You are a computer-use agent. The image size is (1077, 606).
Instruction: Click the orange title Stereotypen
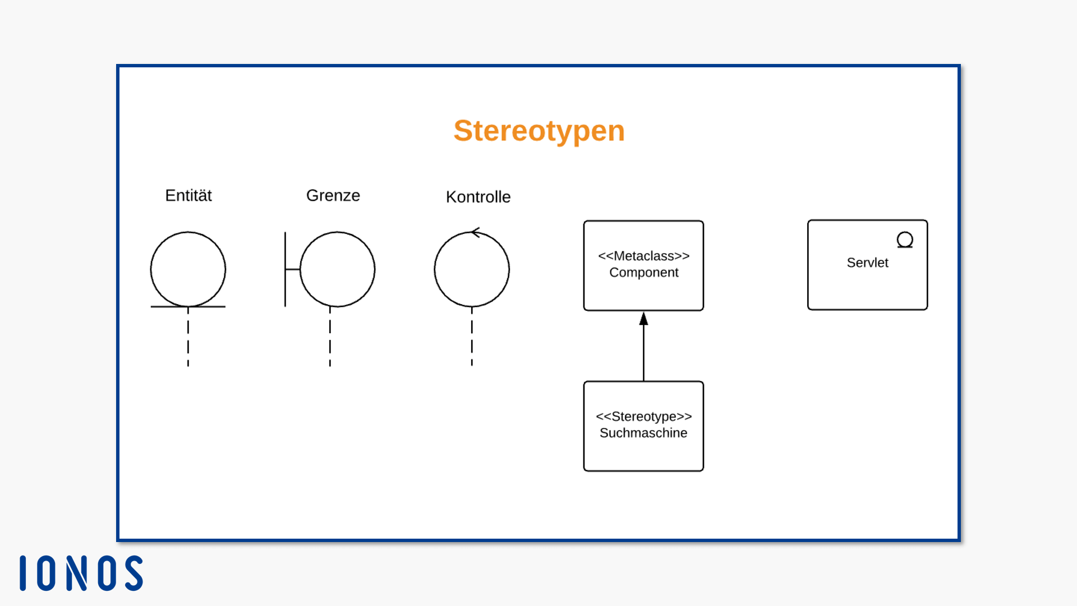click(539, 131)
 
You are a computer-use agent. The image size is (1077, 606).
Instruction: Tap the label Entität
click(188, 195)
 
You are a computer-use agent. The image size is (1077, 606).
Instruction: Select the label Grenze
click(333, 195)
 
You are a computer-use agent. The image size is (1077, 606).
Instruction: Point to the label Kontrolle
click(478, 197)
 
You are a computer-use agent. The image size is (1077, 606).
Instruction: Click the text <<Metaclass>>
click(643, 256)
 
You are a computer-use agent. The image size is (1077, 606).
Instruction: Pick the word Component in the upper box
click(644, 273)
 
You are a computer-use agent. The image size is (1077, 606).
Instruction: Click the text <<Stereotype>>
click(643, 416)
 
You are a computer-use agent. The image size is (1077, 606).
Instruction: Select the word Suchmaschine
click(643, 433)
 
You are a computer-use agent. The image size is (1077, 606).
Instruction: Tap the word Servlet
click(867, 263)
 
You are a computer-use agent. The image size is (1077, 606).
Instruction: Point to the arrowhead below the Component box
click(643, 319)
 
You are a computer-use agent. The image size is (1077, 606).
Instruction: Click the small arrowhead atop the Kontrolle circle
click(476, 232)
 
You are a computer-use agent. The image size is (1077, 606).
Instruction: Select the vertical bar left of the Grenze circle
click(285, 269)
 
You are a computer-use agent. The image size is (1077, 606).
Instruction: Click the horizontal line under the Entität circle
click(188, 306)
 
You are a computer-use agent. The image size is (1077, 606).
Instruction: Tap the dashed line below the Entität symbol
click(188, 337)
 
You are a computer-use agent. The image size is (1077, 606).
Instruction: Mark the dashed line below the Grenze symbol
click(330, 337)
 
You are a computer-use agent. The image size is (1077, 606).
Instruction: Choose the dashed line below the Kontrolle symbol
click(472, 337)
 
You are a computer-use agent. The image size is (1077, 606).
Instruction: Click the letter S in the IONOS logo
click(134, 573)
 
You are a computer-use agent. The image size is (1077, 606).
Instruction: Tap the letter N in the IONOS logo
click(76, 573)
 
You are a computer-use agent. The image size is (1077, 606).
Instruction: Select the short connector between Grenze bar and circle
click(293, 269)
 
